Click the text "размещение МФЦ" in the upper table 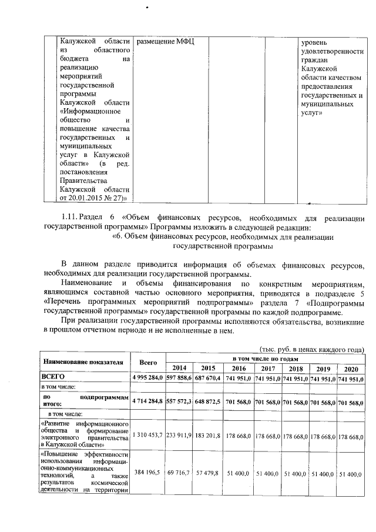[165, 42]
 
